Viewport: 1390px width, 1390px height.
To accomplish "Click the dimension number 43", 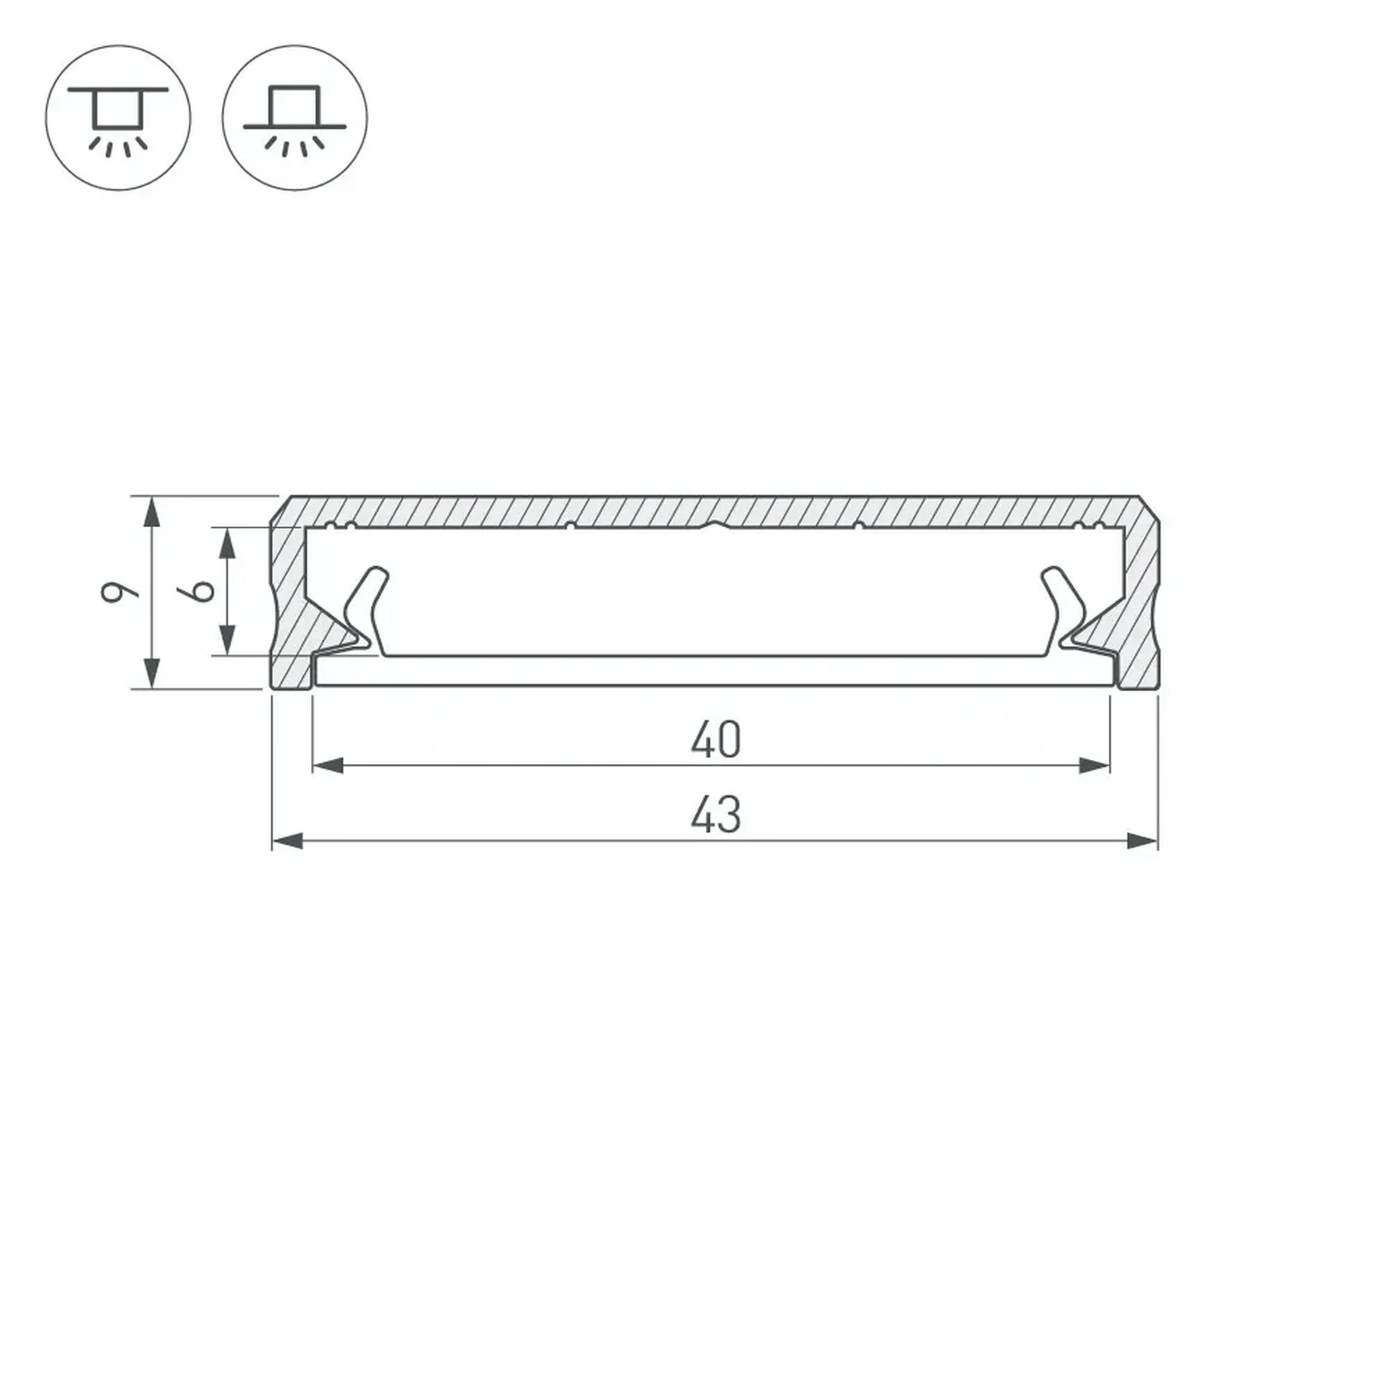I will point(716,815).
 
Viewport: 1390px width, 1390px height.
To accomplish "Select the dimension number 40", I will point(716,739).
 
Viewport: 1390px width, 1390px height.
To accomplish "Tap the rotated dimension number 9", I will point(119,592).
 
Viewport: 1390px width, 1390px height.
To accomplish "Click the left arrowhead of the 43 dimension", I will point(287,841).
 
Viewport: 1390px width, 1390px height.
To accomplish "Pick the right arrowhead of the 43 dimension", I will point(1143,841).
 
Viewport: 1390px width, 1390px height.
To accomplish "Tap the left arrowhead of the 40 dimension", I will point(328,765).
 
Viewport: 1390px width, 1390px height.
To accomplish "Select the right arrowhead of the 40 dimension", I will point(1095,765).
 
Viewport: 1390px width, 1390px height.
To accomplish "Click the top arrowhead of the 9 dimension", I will point(152,512).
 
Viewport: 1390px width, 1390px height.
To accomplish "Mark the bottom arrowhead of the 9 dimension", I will point(152,672).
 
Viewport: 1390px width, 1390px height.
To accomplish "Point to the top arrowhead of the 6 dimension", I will point(228,543).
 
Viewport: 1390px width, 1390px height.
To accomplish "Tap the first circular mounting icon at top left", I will point(118,118).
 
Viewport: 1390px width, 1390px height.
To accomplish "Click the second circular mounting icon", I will point(295,118).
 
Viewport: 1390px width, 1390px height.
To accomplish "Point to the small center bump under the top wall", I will point(714,525).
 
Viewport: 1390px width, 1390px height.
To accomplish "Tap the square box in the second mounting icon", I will point(295,105).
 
